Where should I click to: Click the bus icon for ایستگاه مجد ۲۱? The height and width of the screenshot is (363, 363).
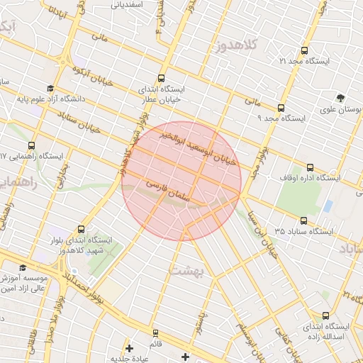coord(304,51)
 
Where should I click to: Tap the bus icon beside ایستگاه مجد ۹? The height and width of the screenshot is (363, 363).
coord(281,108)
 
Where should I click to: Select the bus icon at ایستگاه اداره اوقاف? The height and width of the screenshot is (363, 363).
coord(310,168)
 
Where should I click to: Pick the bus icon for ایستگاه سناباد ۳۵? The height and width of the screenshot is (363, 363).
coord(304,221)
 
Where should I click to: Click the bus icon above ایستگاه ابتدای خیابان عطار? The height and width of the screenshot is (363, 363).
coord(162,79)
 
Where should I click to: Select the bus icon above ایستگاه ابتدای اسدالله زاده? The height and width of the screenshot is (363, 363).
coord(325,315)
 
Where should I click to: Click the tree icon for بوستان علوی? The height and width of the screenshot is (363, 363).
coord(341,99)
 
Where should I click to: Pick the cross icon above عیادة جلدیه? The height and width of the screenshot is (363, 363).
coord(128,348)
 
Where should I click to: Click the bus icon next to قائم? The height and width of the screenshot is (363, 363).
coord(155,333)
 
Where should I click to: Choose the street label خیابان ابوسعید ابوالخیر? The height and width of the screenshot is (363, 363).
coord(202,150)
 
